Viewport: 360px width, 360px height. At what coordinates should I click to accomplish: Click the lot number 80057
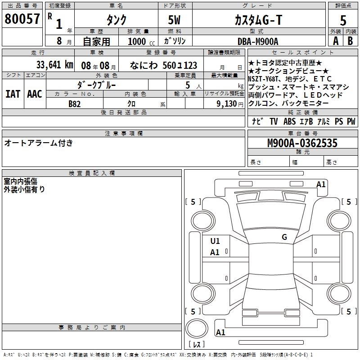coord(22,19)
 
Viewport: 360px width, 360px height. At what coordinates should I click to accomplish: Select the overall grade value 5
coord(343,20)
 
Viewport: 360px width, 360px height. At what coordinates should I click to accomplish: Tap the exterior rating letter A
coord(336,41)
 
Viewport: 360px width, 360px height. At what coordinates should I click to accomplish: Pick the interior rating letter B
coord(350,41)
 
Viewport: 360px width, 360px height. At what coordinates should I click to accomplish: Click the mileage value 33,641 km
coord(54,65)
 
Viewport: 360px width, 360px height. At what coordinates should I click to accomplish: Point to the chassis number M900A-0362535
coord(302,143)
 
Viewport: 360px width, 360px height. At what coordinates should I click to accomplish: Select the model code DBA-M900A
coord(258,41)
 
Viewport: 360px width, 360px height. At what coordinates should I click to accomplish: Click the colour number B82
coord(74,104)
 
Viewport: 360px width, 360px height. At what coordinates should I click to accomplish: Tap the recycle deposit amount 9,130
coord(226,103)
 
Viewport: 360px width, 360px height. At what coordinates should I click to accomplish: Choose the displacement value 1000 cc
coord(141,41)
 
